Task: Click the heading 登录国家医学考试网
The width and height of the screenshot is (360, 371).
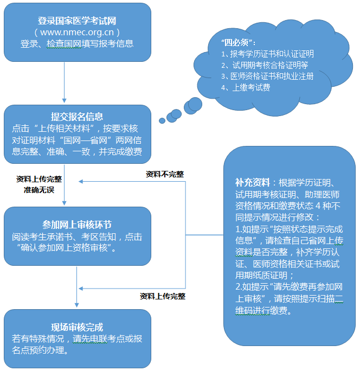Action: tap(77, 21)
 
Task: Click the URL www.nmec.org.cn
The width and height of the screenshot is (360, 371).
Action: tap(77, 32)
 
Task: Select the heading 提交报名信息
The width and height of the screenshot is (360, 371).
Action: tap(77, 117)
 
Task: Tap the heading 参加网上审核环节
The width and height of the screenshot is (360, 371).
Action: tap(77, 225)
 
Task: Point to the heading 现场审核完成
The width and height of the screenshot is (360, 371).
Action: tap(77, 327)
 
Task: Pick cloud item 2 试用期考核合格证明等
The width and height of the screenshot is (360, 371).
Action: tap(265, 65)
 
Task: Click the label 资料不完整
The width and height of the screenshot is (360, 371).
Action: tap(164, 174)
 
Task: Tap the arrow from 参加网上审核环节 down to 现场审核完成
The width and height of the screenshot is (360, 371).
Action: tap(77, 287)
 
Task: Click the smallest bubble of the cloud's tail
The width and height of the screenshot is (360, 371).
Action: tap(162, 120)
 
